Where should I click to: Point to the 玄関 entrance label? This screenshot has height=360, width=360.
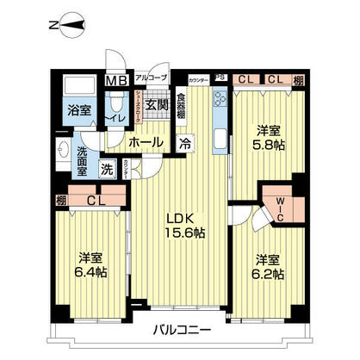click(156, 105)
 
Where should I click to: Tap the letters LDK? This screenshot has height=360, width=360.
click(180, 217)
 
